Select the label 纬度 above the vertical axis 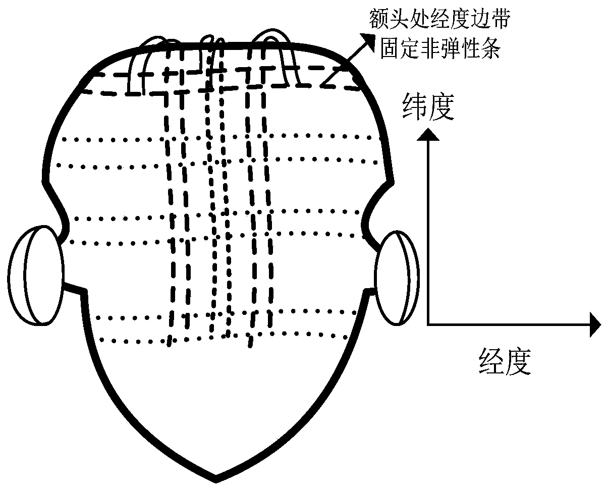tap(426, 108)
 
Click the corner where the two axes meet tap(428, 323)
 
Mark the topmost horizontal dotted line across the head tap(217, 137)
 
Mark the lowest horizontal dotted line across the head tap(222, 335)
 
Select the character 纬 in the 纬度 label tap(414, 108)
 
